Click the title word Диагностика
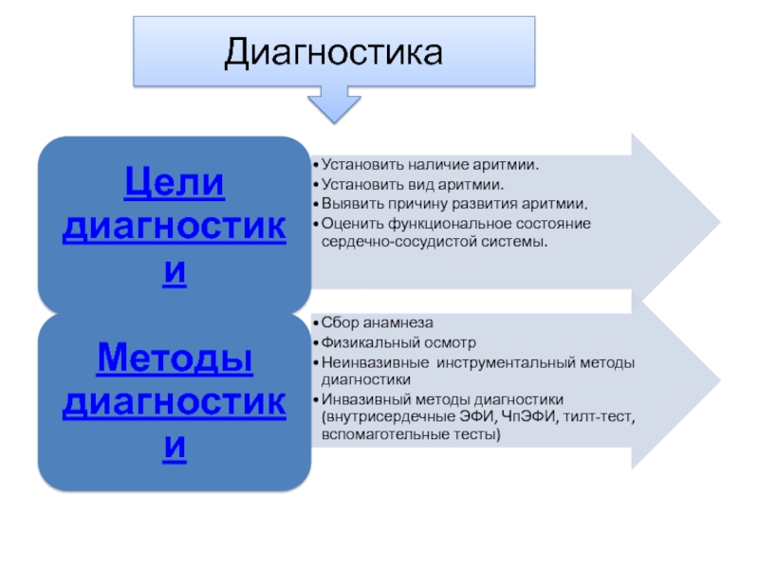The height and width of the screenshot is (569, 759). click(x=333, y=52)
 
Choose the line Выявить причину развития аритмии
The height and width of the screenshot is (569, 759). click(x=454, y=203)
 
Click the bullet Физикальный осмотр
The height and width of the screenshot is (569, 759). click(x=398, y=342)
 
